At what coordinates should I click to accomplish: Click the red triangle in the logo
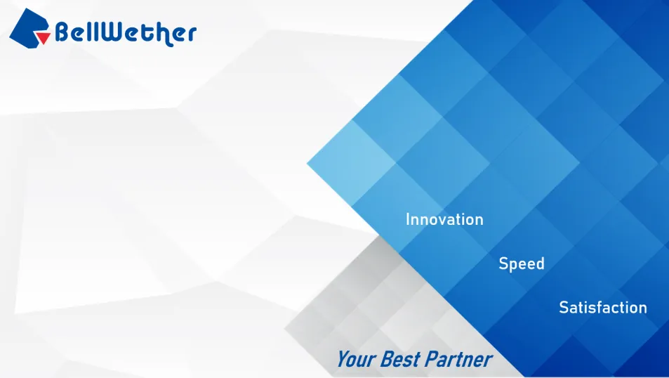(x=42, y=37)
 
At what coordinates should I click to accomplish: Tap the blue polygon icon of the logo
(x=28, y=27)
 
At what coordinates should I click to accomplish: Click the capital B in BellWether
(x=63, y=32)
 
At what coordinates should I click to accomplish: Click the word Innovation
(x=444, y=219)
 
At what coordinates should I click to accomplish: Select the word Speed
(x=522, y=263)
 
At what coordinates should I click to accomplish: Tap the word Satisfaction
(x=603, y=308)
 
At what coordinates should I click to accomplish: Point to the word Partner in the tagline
(x=458, y=359)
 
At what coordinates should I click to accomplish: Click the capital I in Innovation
(x=408, y=219)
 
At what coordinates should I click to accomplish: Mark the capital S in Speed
(x=503, y=263)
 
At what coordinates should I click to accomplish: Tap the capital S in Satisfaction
(x=564, y=308)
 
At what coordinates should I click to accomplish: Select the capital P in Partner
(x=432, y=359)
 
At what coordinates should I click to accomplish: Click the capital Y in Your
(x=344, y=359)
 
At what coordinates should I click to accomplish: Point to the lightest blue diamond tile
(x=352, y=163)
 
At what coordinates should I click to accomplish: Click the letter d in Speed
(x=540, y=263)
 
